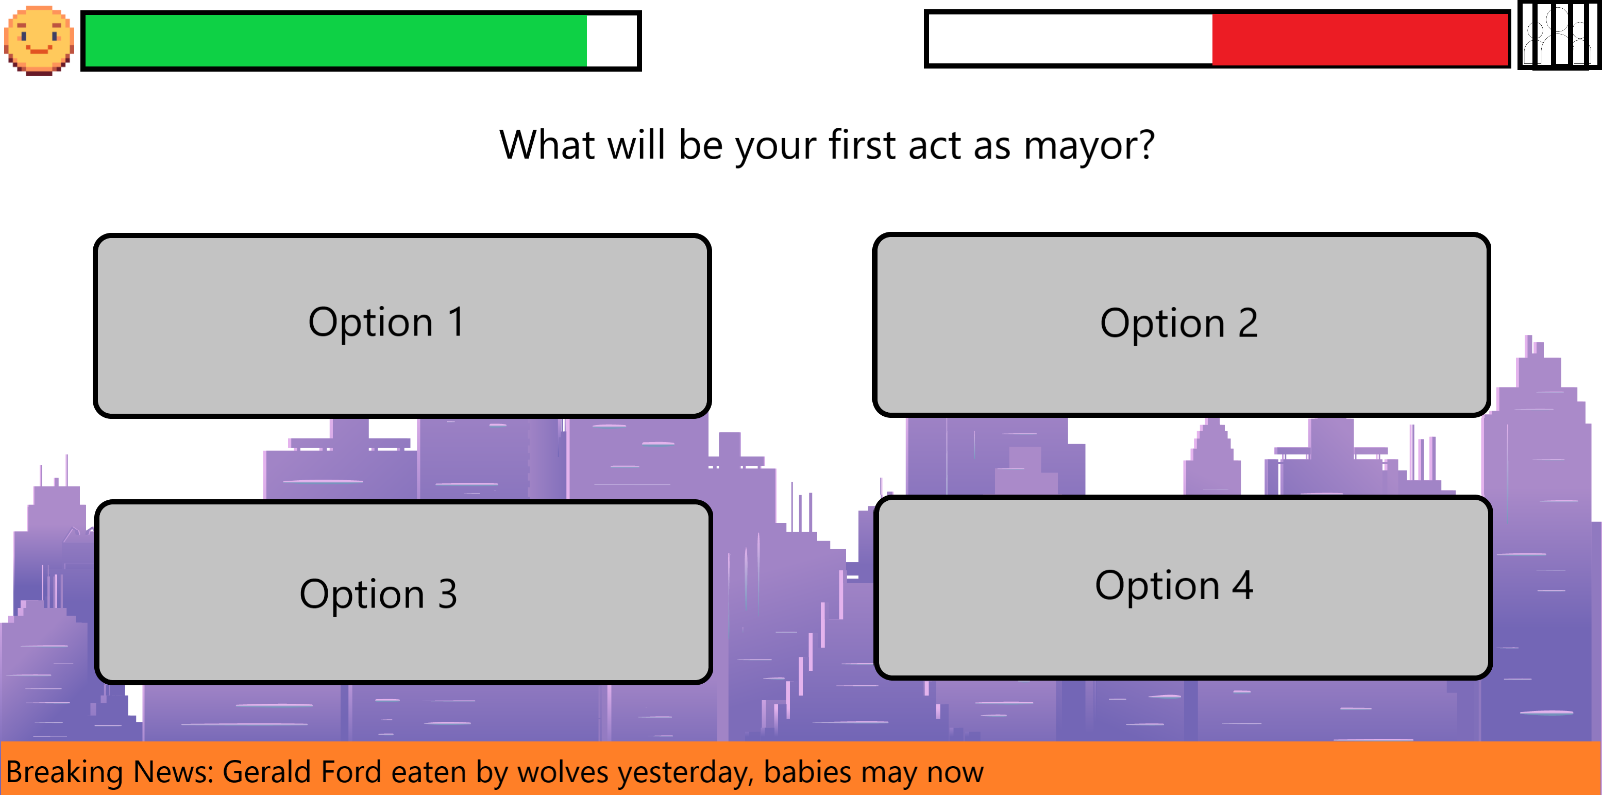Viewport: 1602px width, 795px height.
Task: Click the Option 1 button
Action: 402,325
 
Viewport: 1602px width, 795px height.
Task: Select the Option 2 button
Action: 1181,324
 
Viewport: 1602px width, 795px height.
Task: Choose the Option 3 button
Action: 403,591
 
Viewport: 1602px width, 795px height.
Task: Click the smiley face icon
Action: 39,40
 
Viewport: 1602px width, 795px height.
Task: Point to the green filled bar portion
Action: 336,40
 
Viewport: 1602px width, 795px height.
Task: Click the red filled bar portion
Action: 1360,39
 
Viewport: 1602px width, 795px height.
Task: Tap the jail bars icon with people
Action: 1559,36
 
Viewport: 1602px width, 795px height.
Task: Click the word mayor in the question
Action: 1089,146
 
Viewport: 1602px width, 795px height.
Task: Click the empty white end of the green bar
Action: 612,40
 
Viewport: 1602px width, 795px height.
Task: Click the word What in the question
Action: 548,144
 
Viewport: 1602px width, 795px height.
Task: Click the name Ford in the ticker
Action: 352,772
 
